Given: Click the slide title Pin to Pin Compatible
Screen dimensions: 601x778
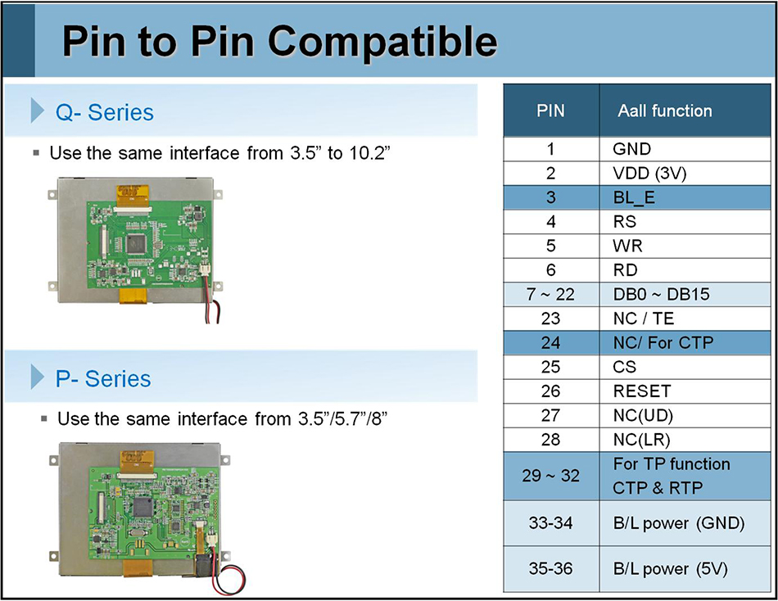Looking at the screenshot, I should [x=279, y=41].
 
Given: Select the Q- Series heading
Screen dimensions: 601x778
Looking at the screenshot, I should [x=104, y=111].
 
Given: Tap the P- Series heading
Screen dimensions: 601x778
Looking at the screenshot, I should [x=103, y=378].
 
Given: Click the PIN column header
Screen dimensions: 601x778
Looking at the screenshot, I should [x=550, y=111].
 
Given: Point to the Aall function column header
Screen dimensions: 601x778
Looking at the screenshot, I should [x=664, y=111].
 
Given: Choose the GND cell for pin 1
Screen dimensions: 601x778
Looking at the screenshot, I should [x=631, y=149].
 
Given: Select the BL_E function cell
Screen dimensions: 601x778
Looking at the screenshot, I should [x=634, y=197].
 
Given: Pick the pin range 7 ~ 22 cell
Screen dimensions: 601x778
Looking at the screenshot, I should [x=550, y=294].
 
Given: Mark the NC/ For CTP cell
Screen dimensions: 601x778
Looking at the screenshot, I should [x=663, y=342].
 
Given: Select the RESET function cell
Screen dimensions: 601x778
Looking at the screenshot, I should [x=641, y=391].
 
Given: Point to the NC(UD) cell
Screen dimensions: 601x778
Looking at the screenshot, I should [x=643, y=415].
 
